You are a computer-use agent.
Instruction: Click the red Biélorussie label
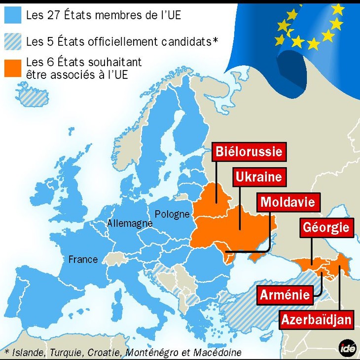(249, 151)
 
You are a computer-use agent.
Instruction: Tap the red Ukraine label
(258, 177)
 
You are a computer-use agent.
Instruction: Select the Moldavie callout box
(288, 202)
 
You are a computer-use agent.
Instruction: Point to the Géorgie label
(326, 228)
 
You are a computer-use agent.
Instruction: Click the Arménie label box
(285, 295)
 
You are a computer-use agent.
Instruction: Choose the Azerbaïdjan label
(316, 320)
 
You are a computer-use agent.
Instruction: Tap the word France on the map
(83, 259)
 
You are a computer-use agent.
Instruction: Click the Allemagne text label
(130, 223)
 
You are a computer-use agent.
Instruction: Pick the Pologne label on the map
(172, 215)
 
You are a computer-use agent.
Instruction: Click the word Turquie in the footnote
(69, 352)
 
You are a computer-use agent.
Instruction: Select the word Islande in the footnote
(29, 352)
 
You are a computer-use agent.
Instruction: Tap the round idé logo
(348, 348)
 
